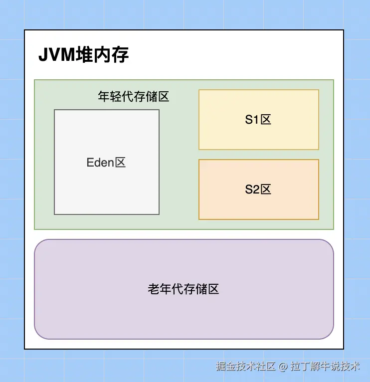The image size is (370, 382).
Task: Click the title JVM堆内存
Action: click(x=83, y=55)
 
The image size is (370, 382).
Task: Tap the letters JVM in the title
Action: click(x=56, y=55)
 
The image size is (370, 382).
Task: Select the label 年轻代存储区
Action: click(x=134, y=97)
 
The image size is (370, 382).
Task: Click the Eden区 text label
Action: click(x=106, y=163)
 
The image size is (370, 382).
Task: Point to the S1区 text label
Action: click(x=258, y=120)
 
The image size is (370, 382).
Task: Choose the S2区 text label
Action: click(x=258, y=190)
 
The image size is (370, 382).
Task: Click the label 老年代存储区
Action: click(x=184, y=289)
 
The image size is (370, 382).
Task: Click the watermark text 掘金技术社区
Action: click(x=246, y=367)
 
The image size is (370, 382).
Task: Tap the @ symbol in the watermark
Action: click(x=283, y=367)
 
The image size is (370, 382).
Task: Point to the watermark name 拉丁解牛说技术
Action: click(x=325, y=367)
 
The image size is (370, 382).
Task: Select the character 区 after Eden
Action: click(x=120, y=163)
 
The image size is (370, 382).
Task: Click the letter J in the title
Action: click(x=42, y=55)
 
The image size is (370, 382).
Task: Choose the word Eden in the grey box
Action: click(x=100, y=163)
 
